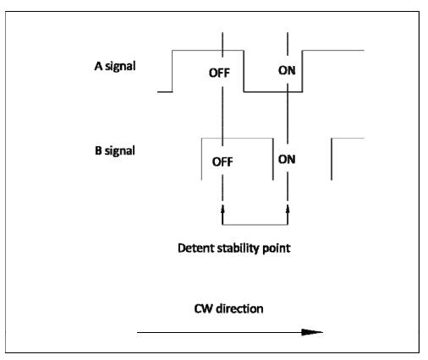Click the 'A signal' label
pyautogui.click(x=115, y=67)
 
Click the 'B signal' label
pyautogui.click(x=115, y=150)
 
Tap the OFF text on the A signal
pyautogui.click(x=219, y=73)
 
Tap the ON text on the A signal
pyautogui.click(x=287, y=70)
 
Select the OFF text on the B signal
pyautogui.click(x=222, y=162)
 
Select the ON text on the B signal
pyautogui.click(x=287, y=160)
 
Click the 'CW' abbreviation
pyautogui.click(x=204, y=308)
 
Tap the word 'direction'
pyautogui.click(x=239, y=308)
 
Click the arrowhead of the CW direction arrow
pyautogui.click(x=312, y=332)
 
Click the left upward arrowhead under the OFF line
pyautogui.click(x=222, y=209)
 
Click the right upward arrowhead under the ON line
pyautogui.click(x=288, y=209)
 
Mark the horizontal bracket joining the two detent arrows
pyautogui.click(x=255, y=225)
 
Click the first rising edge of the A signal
pyautogui.click(x=173, y=71)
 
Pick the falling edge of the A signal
pyautogui.click(x=244, y=71)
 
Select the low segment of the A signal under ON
pyautogui.click(x=273, y=92)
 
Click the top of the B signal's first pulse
pyautogui.click(x=238, y=139)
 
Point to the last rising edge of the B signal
pyautogui.click(x=332, y=159)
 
